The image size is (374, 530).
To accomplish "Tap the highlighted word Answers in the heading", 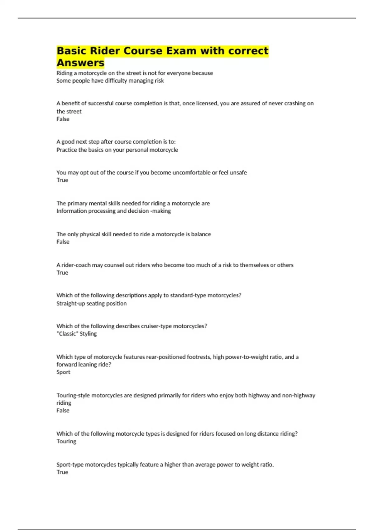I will (x=80, y=63).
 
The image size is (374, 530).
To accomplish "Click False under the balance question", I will (x=63, y=242).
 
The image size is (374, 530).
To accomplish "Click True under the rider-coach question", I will (x=62, y=272).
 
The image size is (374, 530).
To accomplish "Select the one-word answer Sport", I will (x=63, y=372).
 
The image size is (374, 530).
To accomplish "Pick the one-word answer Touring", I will (x=66, y=441).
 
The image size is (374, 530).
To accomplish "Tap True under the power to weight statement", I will (x=62, y=472).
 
